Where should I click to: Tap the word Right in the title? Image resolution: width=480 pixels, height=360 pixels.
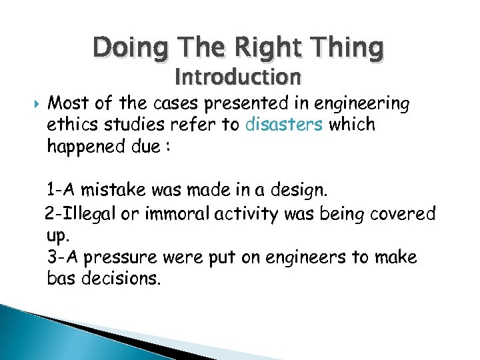point(267,48)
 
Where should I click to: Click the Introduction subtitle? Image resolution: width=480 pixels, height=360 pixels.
point(238,77)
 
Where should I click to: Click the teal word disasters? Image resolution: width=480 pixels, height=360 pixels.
point(283,125)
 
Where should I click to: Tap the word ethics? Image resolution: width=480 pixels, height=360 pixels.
point(72,125)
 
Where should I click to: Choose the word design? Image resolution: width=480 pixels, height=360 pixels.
point(297,192)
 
